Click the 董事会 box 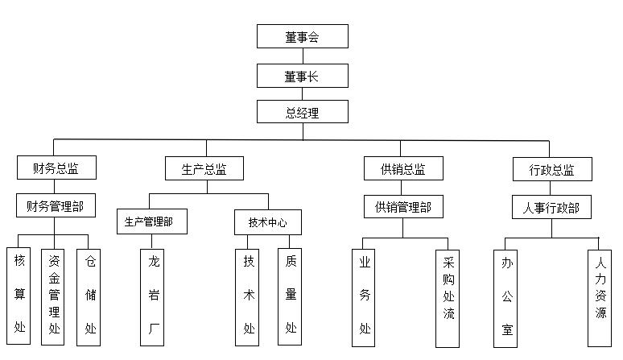click(302, 36)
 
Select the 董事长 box click(302, 76)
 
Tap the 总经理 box click(302, 113)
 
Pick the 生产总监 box click(207, 170)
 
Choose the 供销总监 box click(403, 170)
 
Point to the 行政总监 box click(551, 170)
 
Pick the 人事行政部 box click(551, 208)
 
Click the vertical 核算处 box click(19, 296)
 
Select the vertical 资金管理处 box click(53, 296)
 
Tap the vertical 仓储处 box click(89, 296)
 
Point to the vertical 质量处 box click(290, 296)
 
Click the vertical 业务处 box click(365, 296)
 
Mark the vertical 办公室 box click(506, 296)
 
